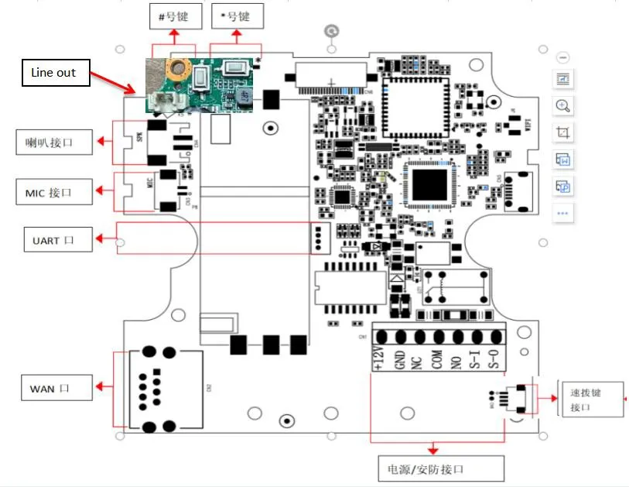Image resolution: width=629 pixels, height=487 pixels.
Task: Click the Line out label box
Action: (54, 73)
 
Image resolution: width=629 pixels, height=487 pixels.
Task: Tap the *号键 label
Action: (237, 15)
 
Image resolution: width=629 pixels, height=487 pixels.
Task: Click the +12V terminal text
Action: (379, 358)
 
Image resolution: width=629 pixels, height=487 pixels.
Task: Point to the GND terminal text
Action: (400, 359)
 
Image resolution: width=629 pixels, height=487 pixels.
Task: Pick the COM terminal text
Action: (438, 359)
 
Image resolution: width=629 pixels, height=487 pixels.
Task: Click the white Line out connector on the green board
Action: (165, 100)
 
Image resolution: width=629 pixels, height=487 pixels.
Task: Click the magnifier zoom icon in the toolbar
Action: (563, 106)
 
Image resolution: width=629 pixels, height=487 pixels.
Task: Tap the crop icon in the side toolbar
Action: (563, 133)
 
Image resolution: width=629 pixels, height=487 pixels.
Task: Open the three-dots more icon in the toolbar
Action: (563, 212)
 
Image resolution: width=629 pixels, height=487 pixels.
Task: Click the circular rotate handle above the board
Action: (332, 32)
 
